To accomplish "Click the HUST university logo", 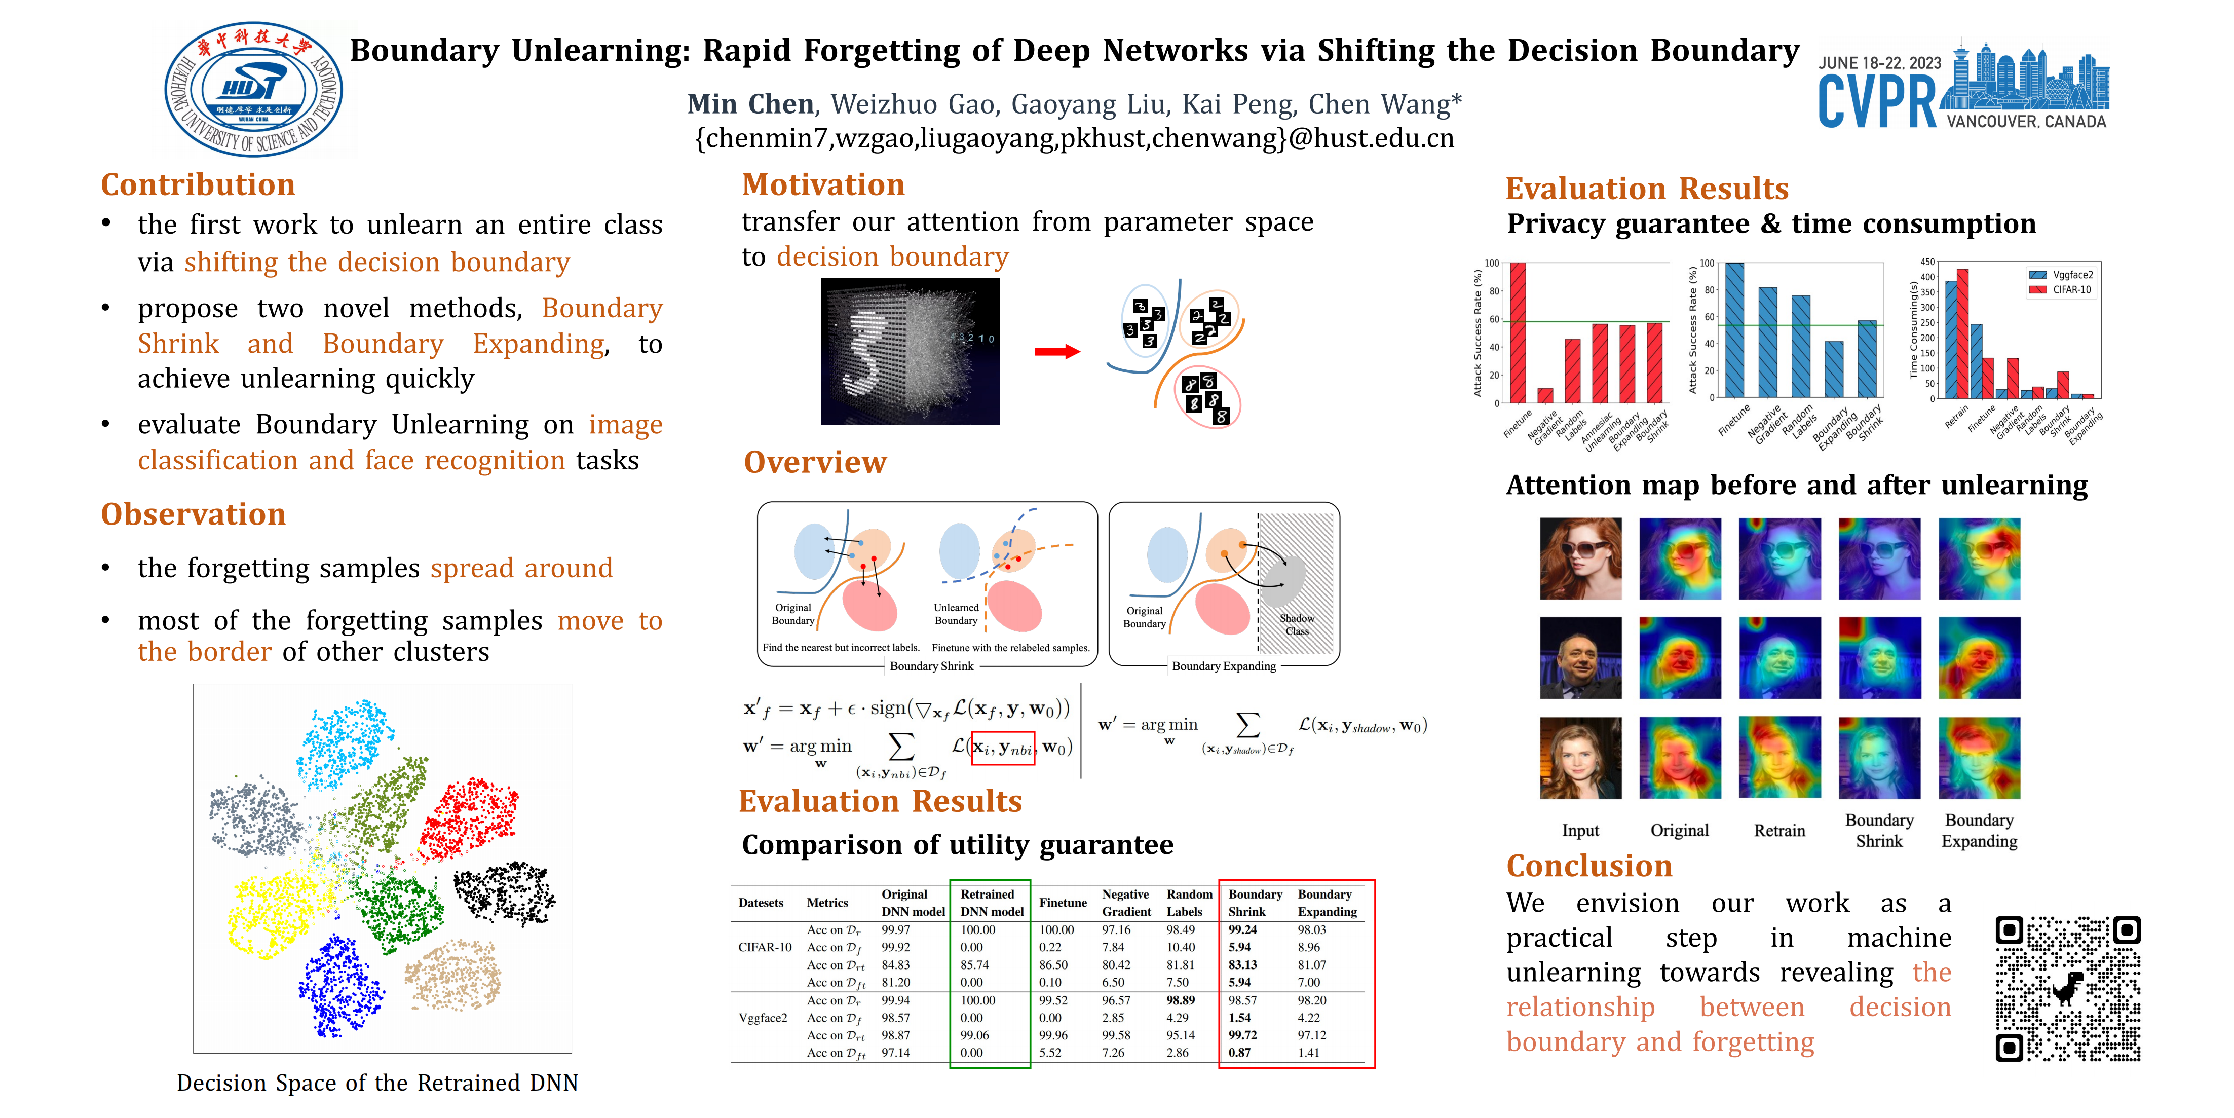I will pos(253,89).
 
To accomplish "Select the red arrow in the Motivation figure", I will pos(1056,351).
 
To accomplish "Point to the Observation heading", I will pos(194,514).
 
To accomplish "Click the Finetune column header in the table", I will pos(1063,903).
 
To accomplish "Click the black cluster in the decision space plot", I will pos(503,891).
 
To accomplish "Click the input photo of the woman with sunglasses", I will pos(1580,558).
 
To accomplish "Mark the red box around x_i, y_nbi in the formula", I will pos(1003,748).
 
